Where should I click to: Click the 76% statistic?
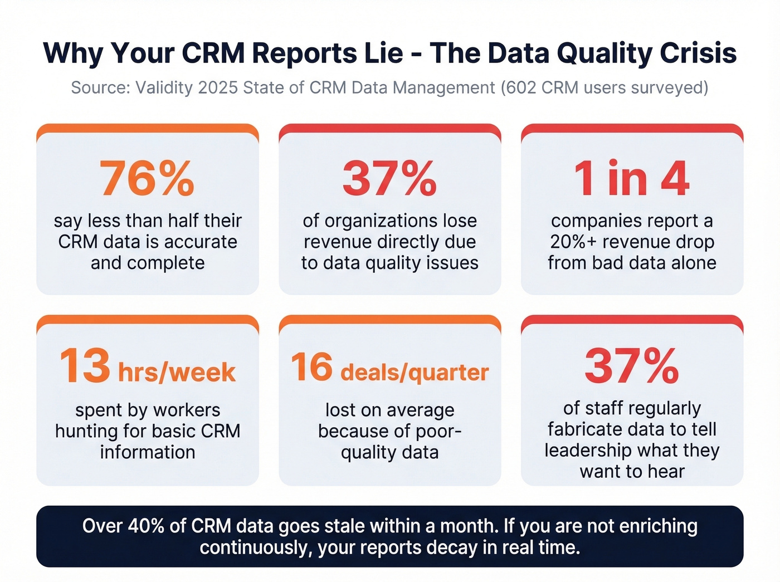pyautogui.click(x=147, y=178)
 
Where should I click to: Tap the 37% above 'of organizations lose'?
pyautogui.click(x=389, y=178)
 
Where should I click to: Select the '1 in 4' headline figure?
pyautogui.click(x=632, y=178)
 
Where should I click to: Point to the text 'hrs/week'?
pyautogui.click(x=177, y=372)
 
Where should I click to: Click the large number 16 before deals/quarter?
pyautogui.click(x=311, y=366)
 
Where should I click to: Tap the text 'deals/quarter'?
pyautogui.click(x=415, y=372)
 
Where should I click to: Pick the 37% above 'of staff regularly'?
pyautogui.click(x=632, y=366)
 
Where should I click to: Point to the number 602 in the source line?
pyautogui.click(x=520, y=88)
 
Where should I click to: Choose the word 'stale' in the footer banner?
pyautogui.click(x=344, y=526)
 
